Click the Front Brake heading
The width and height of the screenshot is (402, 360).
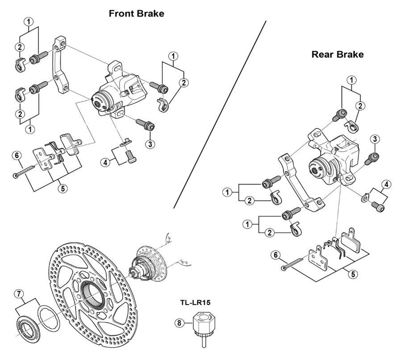click(x=136, y=13)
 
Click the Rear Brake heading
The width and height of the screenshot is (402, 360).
click(x=337, y=54)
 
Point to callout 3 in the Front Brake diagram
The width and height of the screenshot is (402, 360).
click(x=150, y=144)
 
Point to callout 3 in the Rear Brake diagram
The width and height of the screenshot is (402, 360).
click(x=375, y=139)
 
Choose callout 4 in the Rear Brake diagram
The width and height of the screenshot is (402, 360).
click(x=386, y=184)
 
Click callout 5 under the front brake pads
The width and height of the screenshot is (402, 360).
click(x=63, y=188)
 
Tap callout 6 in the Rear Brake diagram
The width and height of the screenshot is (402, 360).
click(x=276, y=255)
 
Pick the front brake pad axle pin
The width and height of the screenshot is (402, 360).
click(x=27, y=172)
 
